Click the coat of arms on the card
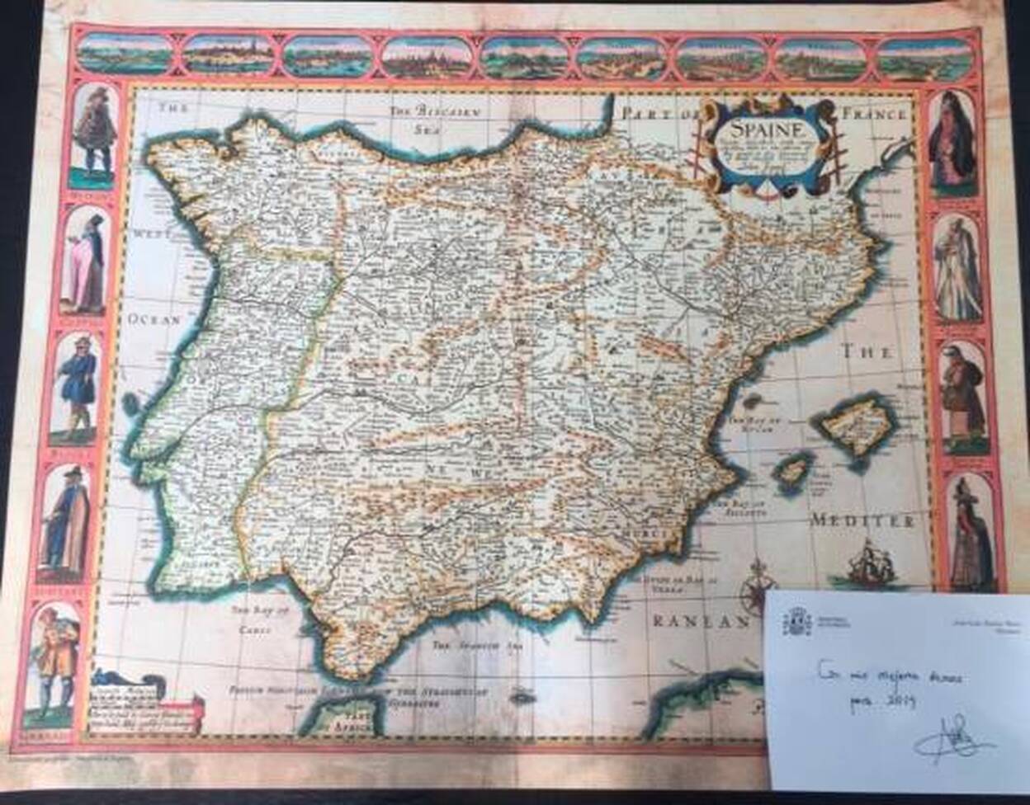(797, 620)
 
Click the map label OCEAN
(154, 321)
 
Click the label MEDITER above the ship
(862, 521)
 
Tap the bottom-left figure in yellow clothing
(59, 660)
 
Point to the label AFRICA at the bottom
(347, 727)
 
